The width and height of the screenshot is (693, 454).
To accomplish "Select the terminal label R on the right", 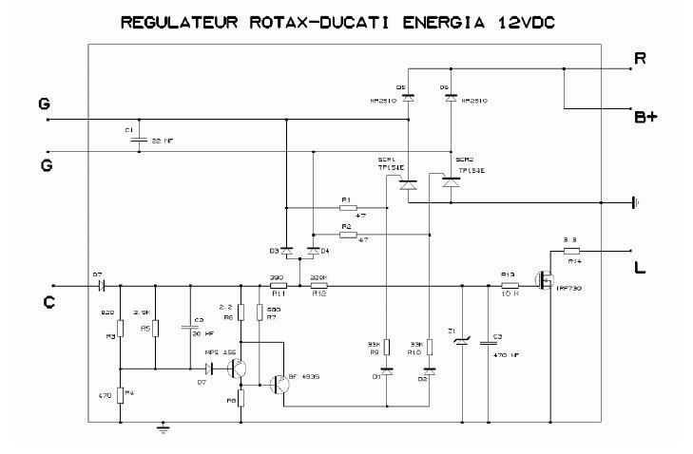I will tap(643, 59).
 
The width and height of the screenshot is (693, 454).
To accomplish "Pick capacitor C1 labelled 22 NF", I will tap(139, 139).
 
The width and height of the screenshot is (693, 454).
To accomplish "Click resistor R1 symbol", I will tap(346, 208).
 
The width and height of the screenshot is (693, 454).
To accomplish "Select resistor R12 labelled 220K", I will tap(318, 286).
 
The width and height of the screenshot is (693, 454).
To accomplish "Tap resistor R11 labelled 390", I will tap(279, 286).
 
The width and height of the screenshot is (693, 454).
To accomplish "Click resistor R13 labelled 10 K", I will tap(510, 286).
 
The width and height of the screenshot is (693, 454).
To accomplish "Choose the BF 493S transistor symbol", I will tap(278, 385).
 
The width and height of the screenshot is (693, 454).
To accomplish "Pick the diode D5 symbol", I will tap(407, 97).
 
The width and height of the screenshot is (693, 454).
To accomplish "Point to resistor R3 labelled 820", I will tap(121, 328).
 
